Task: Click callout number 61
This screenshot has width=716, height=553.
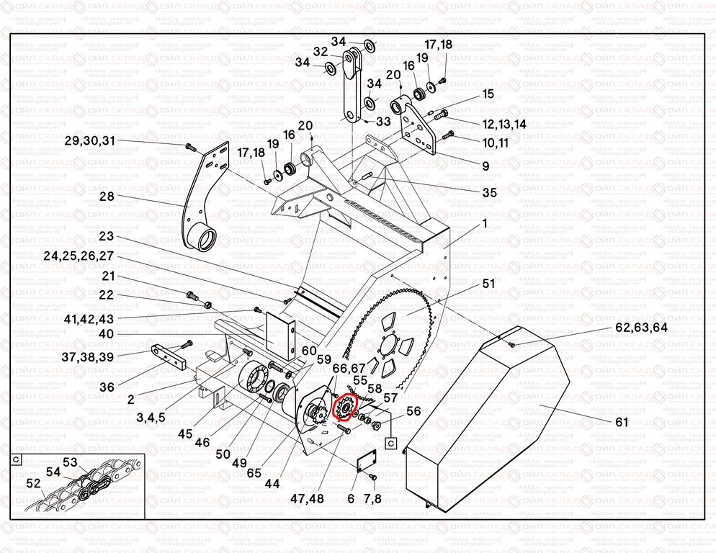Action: pos(622,422)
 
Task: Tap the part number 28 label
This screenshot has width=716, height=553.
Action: pos(107,197)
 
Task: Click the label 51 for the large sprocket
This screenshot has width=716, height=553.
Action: pos(488,284)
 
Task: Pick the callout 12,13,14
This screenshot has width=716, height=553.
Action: pos(504,124)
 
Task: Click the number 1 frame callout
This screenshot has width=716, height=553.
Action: pos(485,224)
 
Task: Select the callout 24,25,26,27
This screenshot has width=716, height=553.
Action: pos(79,256)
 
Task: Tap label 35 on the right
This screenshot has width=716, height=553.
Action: pos(489,192)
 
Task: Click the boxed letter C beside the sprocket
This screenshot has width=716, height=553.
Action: pos(391,443)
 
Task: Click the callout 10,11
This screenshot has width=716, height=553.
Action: pos(496,143)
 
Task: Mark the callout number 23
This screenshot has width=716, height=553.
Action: pos(107,236)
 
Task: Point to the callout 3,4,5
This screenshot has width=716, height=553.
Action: pos(151,416)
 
